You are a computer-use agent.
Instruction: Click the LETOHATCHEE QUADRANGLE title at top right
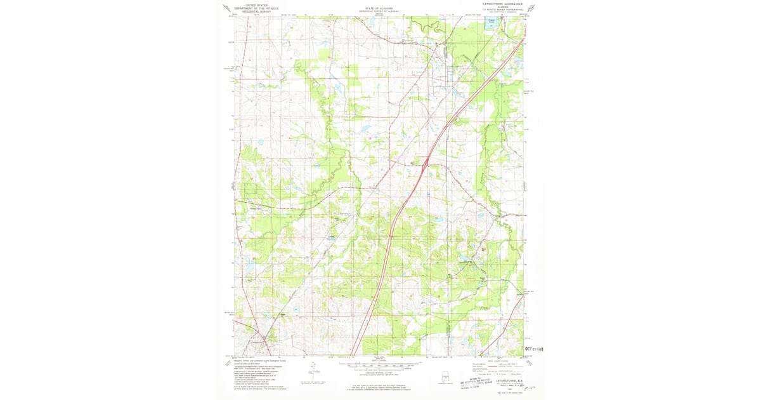coord(499,4)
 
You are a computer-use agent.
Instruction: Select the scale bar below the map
coord(380,366)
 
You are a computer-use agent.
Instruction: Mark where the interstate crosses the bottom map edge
coord(353,356)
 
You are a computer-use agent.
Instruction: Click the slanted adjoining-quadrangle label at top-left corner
coord(226,8)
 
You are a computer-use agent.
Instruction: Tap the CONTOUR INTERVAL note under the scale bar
coord(380,373)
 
